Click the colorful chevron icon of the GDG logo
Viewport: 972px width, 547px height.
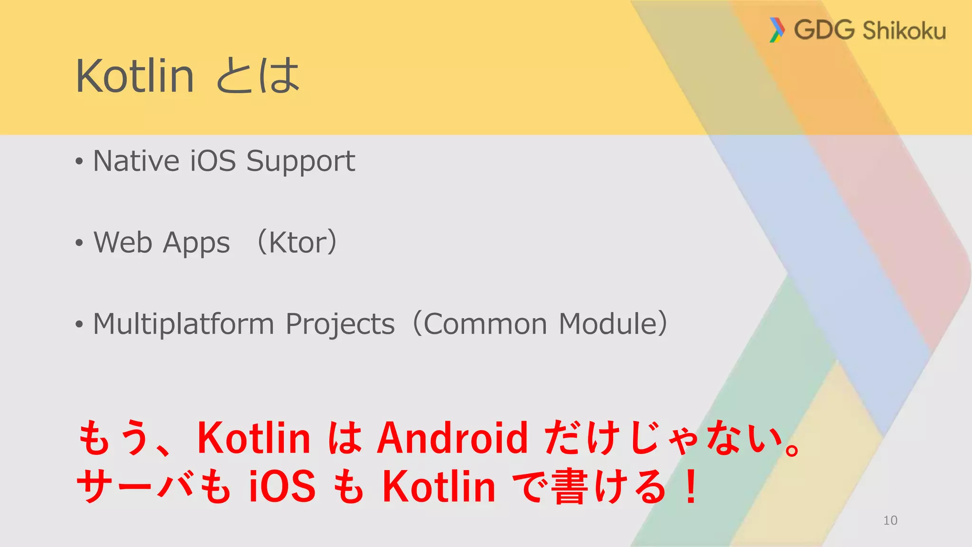coord(776,30)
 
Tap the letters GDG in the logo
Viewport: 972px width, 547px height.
coord(824,29)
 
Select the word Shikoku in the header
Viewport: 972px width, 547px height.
coord(904,30)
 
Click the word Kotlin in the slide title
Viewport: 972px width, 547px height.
coord(135,76)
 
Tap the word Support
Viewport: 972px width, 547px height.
coord(300,161)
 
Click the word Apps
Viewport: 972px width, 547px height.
coord(196,244)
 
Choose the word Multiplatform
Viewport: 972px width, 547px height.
coord(183,324)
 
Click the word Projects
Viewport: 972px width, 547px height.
coord(340,325)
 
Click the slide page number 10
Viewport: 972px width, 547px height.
coord(890,520)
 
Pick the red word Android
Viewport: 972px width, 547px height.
coord(452,438)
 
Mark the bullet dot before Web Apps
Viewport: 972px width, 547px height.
coord(79,243)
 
